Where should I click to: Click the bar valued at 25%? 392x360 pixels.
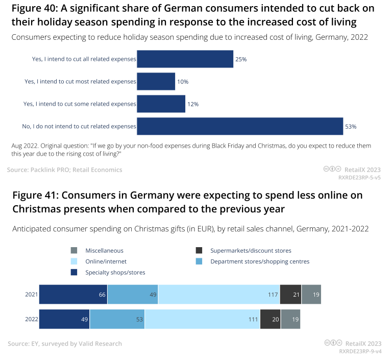pyautogui.click(x=185, y=59)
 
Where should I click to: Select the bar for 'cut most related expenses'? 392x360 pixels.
pyautogui.click(x=156, y=82)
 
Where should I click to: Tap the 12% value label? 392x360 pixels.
pyautogui.click(x=192, y=104)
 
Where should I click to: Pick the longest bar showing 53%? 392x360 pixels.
pyautogui.click(x=239, y=126)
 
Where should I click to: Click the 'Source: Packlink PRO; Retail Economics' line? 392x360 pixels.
pyautogui.click(x=65, y=170)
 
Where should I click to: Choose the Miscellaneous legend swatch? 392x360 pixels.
pyautogui.click(x=75, y=251)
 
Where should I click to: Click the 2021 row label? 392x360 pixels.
pyautogui.click(x=31, y=295)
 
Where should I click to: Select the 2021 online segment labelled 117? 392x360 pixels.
pyautogui.click(x=219, y=295)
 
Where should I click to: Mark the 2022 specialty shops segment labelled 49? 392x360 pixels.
pyautogui.click(x=64, y=319)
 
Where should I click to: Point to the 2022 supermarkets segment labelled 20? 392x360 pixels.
pyautogui.click(x=270, y=319)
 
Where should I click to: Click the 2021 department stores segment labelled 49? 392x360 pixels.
pyautogui.click(x=133, y=295)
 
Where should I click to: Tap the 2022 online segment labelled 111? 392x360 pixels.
pyautogui.click(x=202, y=319)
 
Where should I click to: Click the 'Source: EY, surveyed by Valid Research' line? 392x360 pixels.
pyautogui.click(x=65, y=344)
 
